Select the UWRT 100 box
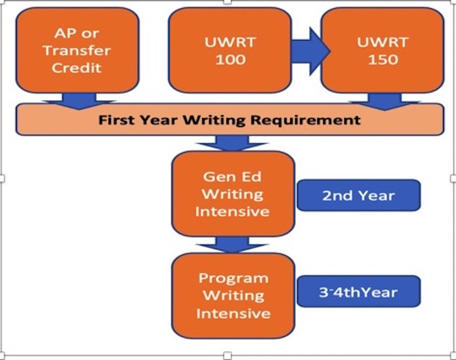[x=230, y=51]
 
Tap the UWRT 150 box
[x=383, y=51]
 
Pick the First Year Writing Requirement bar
[x=229, y=120]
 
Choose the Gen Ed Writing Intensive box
[x=232, y=194]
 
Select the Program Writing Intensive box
[x=232, y=295]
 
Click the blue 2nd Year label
[x=358, y=195]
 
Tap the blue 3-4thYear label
[x=358, y=292]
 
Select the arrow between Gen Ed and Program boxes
[x=232, y=244]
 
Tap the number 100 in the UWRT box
[x=230, y=60]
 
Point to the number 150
[x=383, y=60]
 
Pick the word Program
[x=233, y=278]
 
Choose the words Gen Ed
[x=232, y=177]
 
